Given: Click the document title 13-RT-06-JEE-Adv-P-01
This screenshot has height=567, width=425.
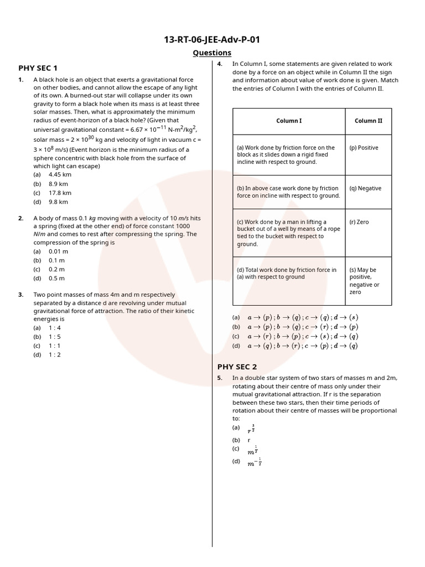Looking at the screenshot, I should coord(212,39).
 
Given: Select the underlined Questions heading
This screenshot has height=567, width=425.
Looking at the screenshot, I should coord(212,53).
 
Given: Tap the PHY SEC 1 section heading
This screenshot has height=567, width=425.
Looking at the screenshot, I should coord(38,68).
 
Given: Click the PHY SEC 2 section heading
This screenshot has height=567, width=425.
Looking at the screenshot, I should coord(237,367).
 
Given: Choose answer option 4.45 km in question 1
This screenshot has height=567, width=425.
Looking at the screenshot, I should coord(60,174).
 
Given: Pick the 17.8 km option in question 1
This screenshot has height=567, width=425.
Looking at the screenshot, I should coord(59,193).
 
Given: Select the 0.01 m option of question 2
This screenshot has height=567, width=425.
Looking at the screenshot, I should coord(58,251).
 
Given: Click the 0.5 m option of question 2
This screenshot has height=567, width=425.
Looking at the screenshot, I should coord(56,278).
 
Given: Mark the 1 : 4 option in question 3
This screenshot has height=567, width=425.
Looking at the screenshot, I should coord(54,327).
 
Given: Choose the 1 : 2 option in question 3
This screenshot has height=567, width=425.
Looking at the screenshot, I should coord(54,354).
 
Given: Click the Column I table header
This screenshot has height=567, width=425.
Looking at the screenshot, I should coord(289,121).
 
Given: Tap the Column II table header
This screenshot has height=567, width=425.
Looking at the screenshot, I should coord(368,121).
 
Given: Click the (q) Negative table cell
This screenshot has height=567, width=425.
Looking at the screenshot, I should coord(365,188).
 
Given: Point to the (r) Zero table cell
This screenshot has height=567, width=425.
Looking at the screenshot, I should coord(359,222).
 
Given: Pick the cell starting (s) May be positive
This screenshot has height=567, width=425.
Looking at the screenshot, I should coord(365,281).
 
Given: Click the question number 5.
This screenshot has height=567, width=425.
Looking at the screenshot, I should coord(220,378).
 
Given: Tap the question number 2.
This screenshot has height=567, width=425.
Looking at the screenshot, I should coord(20,218).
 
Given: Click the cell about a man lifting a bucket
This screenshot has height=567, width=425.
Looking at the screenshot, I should coord(288,233).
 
